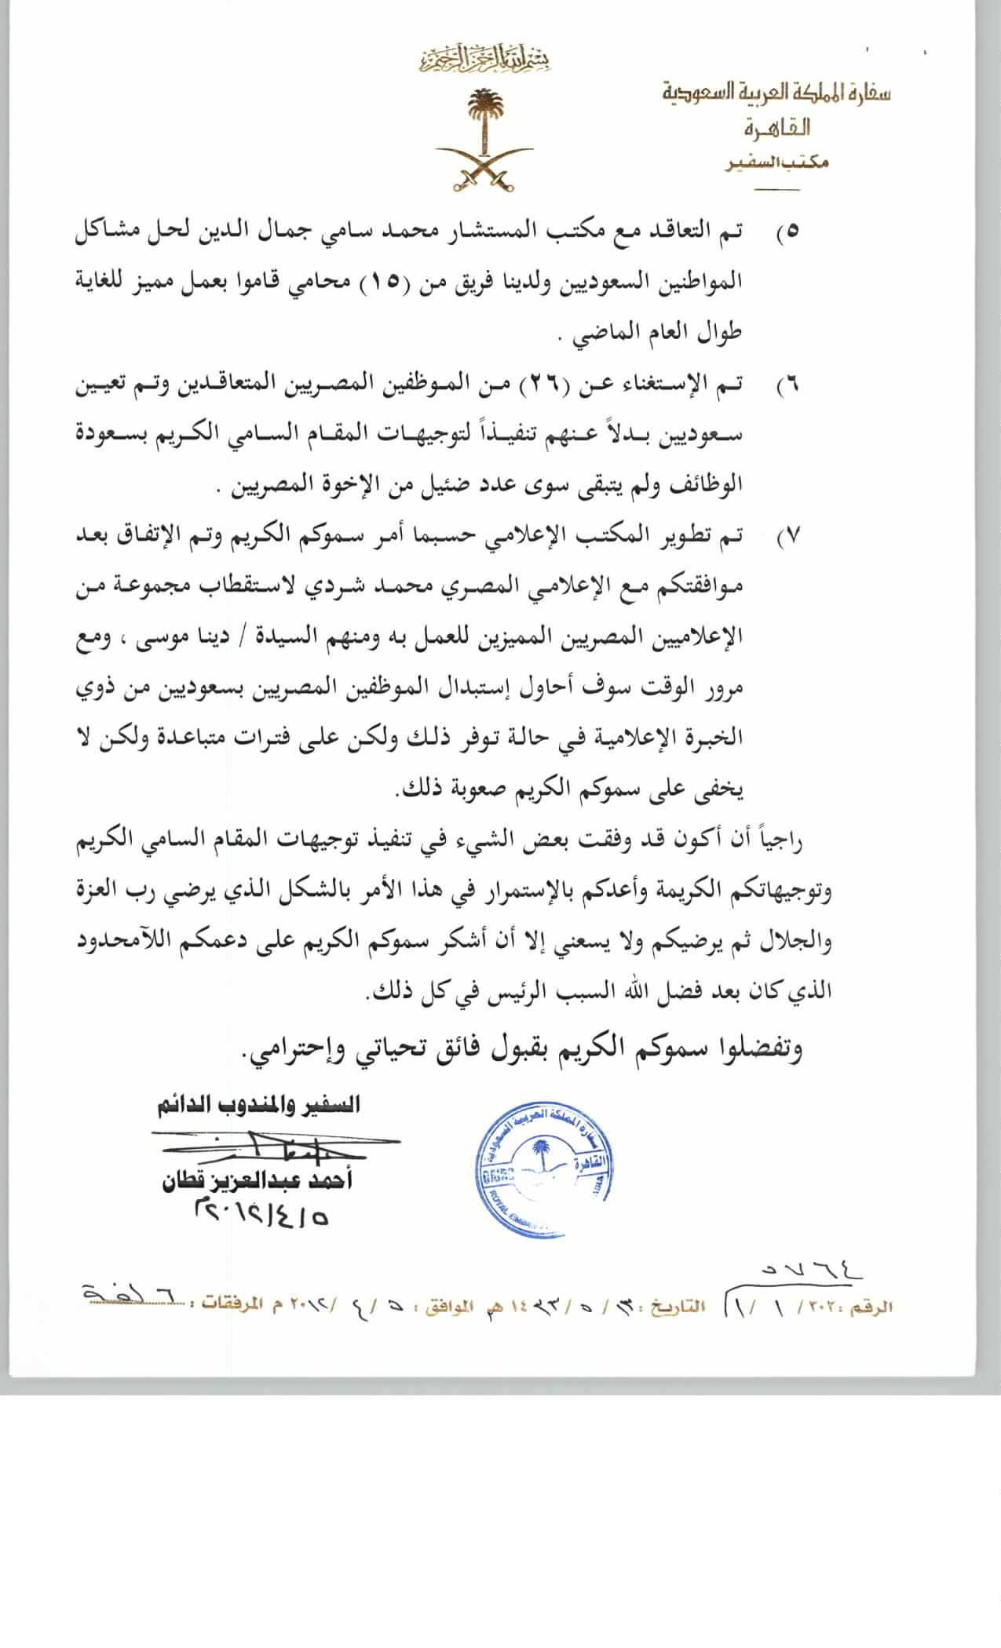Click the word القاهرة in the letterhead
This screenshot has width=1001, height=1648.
pos(777,127)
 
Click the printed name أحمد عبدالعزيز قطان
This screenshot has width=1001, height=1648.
pos(257,1181)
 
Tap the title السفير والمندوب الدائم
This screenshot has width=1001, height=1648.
pos(258,1106)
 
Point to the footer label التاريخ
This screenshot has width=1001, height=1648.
pos(681,1308)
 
